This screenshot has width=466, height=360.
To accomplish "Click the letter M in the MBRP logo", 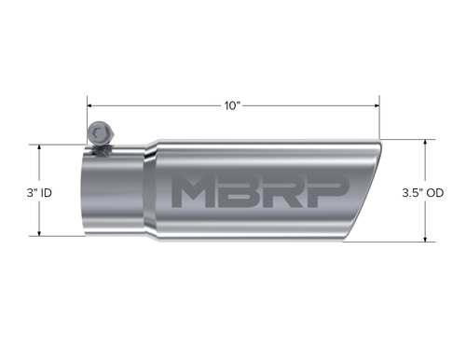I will (x=199, y=193).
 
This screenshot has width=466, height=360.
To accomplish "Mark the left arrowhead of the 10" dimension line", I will (x=90, y=105).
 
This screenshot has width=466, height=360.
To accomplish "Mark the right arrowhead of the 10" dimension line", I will (x=376, y=105).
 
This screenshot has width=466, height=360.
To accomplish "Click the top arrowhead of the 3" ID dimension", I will (x=39, y=148).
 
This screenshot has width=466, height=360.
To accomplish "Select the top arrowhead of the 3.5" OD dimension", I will (x=427, y=143).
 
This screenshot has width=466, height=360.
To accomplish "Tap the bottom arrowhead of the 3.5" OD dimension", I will (x=427, y=241).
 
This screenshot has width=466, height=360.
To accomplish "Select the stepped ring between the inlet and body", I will (x=149, y=192).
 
